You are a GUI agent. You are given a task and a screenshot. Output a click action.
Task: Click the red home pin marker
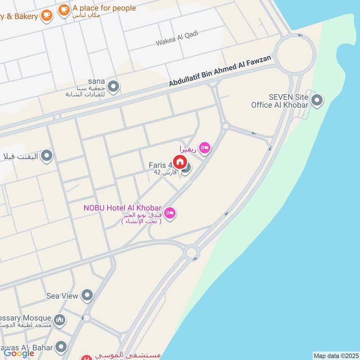(180, 162)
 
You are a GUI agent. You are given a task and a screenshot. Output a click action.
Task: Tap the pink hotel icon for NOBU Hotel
(170, 213)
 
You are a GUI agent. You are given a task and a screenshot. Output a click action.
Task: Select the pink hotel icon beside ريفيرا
(205, 148)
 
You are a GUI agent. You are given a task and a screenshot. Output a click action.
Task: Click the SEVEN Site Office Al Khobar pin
(317, 100)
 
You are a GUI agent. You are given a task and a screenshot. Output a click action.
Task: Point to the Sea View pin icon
(87, 296)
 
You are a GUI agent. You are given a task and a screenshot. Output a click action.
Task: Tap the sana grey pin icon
(114, 86)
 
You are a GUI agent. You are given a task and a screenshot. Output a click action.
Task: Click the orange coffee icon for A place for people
(64, 9)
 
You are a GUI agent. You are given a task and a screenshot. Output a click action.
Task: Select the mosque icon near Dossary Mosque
(60, 320)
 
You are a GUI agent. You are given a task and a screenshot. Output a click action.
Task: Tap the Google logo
(19, 353)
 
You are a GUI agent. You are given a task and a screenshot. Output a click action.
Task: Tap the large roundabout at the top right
(295, 54)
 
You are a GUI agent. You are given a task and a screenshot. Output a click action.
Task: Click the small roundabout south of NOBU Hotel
(192, 252)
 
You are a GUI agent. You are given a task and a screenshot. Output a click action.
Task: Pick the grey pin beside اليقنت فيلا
(47, 156)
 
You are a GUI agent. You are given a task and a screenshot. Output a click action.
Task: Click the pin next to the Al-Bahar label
(61, 347)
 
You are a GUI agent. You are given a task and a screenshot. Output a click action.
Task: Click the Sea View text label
(63, 296)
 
